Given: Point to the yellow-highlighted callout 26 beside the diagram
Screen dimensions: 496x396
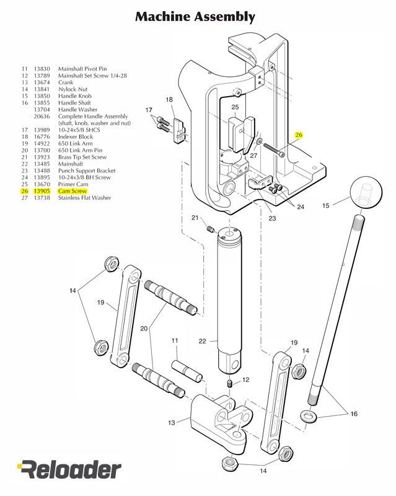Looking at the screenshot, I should point(299,135).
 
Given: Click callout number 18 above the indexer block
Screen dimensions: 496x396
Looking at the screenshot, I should point(169,100).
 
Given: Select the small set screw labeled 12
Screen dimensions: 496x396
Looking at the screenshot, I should point(230,386).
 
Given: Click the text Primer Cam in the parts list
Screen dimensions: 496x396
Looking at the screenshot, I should point(73,185).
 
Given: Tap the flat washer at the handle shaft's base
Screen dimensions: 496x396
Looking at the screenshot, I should point(308,414).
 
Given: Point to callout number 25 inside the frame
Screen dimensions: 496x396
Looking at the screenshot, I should point(235,108).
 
